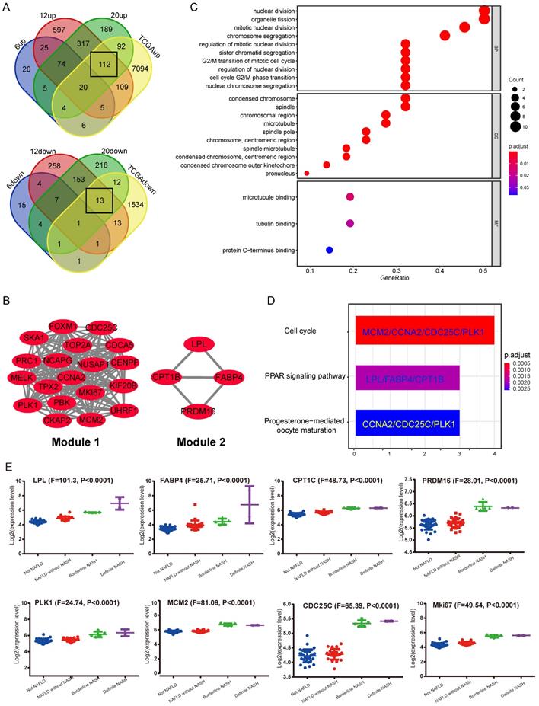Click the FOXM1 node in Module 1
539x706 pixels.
[64, 327]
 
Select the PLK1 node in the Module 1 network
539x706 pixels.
[26, 404]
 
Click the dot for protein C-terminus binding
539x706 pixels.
[329, 249]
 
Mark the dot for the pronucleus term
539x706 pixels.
[307, 174]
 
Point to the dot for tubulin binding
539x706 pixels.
[350, 223]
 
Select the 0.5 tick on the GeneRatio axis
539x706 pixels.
[483, 270]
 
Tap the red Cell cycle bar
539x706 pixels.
[424, 332]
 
